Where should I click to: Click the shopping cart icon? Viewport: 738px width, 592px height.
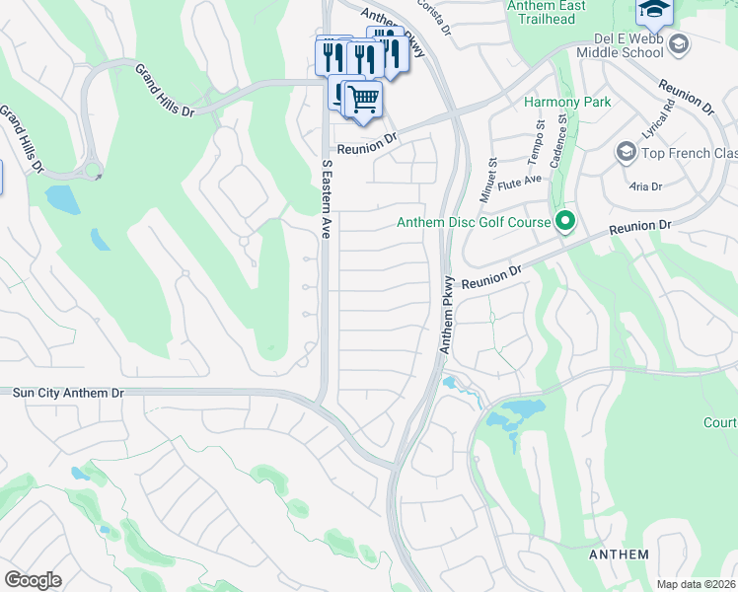click(x=363, y=99)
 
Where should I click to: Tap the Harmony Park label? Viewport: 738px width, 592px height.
click(x=567, y=102)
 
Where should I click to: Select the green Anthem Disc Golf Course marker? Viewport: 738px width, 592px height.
click(x=565, y=222)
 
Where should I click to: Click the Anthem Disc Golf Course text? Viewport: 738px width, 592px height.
click(x=473, y=222)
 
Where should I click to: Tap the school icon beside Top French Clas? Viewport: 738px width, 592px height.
click(x=625, y=152)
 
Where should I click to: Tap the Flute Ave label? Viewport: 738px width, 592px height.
click(x=521, y=180)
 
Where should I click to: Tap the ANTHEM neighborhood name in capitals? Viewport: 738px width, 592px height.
click(x=619, y=555)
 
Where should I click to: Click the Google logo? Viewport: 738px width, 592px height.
click(x=33, y=579)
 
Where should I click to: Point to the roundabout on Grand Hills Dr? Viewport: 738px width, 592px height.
click(x=93, y=172)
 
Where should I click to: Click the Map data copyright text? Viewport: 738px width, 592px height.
click(x=697, y=584)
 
